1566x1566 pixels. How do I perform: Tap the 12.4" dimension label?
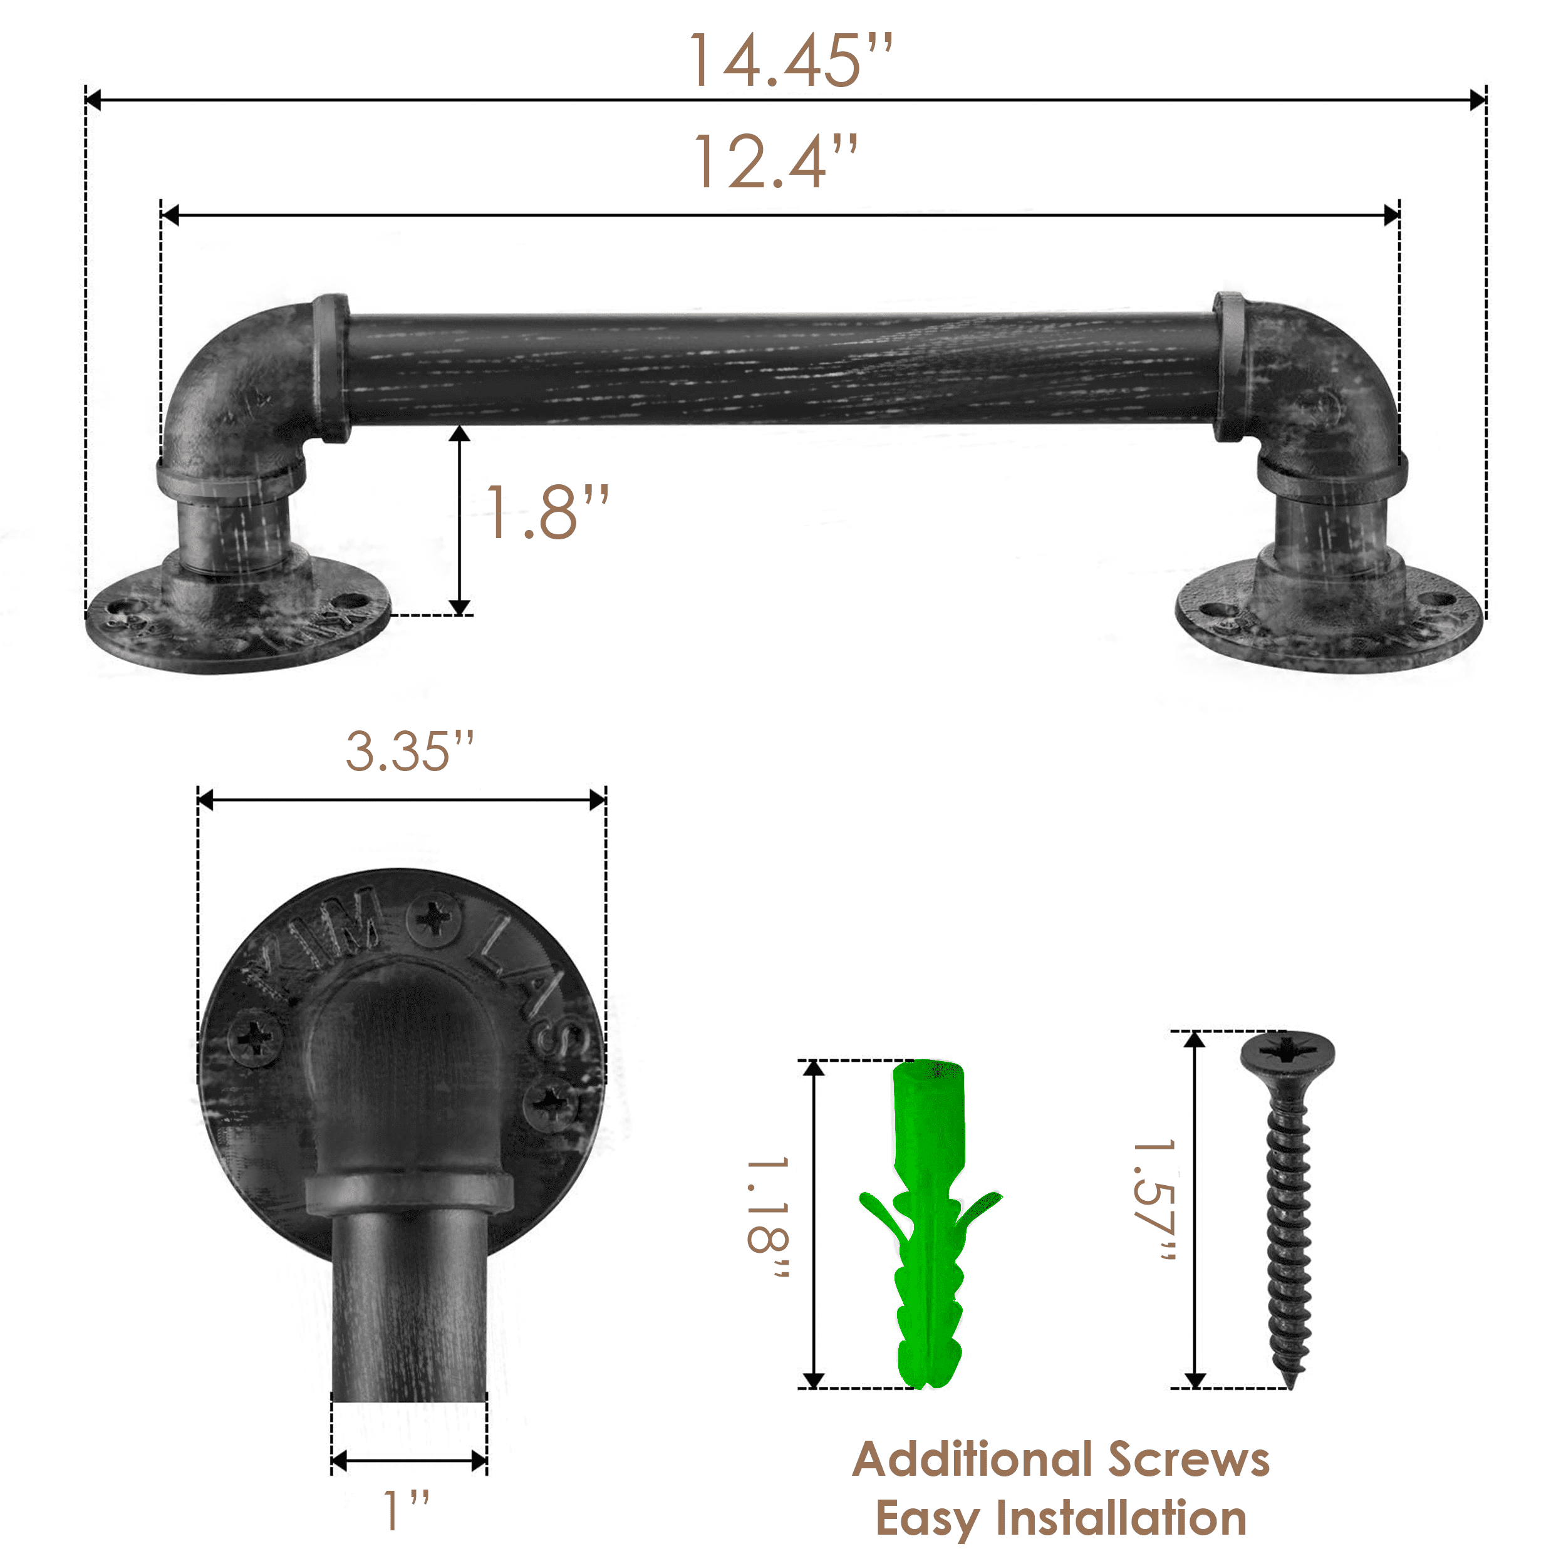(x=775, y=162)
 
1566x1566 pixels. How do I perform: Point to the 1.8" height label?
(x=546, y=512)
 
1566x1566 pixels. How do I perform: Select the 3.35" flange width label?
(x=409, y=752)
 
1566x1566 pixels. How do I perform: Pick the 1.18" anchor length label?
(x=767, y=1220)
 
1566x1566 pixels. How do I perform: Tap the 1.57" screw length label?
(x=1154, y=1201)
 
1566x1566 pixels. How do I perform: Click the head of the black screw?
(x=1287, y=1052)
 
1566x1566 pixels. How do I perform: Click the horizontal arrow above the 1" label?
(x=408, y=1461)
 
